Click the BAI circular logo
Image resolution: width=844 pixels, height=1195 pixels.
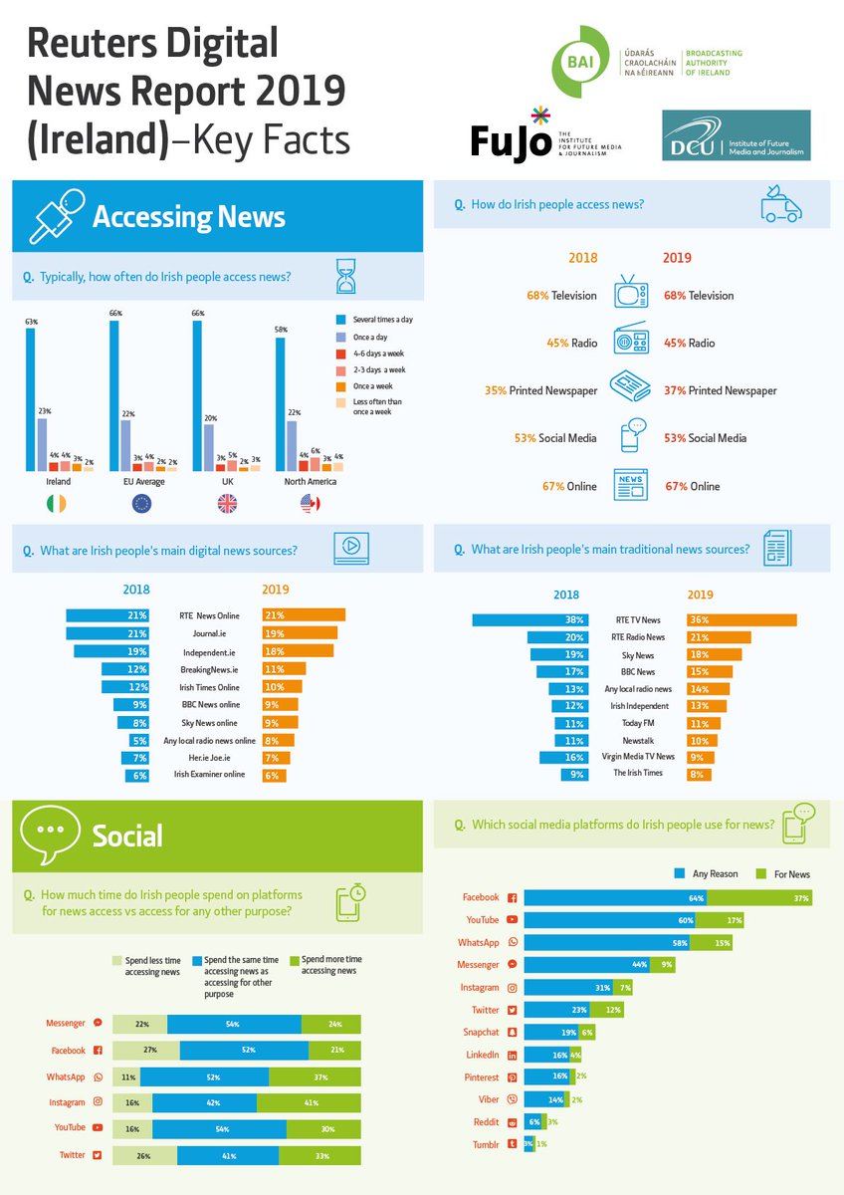(579, 62)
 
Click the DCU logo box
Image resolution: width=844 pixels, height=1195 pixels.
(736, 135)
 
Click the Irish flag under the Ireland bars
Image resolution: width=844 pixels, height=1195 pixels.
(57, 504)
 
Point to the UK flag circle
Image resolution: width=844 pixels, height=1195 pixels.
(227, 504)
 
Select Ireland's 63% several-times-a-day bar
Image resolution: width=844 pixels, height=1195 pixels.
(31, 398)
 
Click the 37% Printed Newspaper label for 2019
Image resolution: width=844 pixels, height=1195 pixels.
(720, 390)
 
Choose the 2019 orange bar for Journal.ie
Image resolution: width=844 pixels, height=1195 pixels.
(300, 632)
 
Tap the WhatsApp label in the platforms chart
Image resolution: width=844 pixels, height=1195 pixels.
(479, 941)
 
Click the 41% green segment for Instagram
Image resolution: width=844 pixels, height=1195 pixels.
(309, 1102)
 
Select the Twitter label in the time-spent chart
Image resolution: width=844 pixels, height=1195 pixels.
(73, 1155)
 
